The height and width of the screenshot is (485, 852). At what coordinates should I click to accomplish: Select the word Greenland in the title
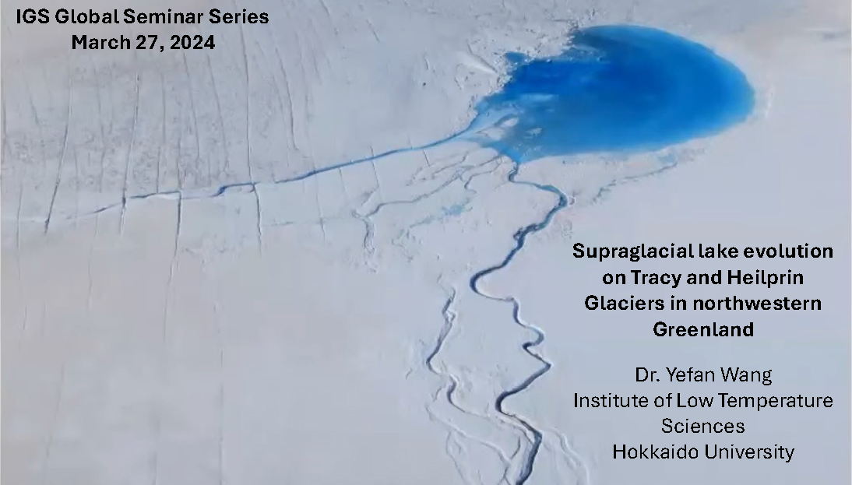(x=703, y=329)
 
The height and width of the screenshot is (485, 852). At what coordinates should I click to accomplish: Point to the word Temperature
(x=780, y=401)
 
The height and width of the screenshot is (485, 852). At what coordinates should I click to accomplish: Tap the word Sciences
(x=702, y=427)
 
